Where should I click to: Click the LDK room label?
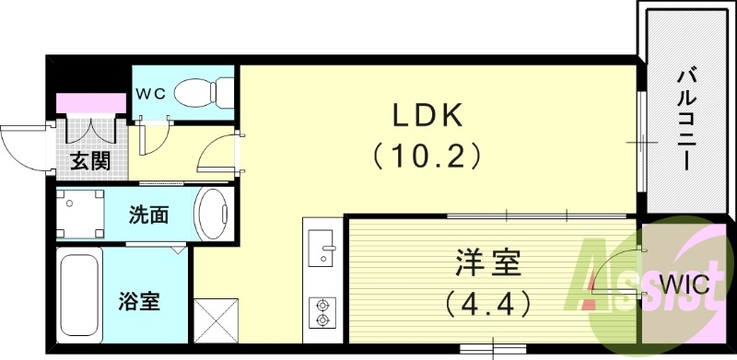[428, 117]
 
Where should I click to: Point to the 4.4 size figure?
[487, 300]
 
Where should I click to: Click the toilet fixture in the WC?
[198, 91]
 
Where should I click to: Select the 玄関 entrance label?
[89, 162]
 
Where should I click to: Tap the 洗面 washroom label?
[148, 215]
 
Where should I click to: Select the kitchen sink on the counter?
[322, 250]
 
